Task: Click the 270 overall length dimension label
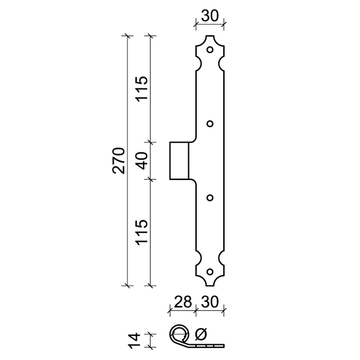tap(118, 160)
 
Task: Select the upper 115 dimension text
tap(141, 89)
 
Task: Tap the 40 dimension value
tap(141, 161)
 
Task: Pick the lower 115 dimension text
tap(141, 232)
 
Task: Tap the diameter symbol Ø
tap(201, 334)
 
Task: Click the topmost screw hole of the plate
tap(210, 50)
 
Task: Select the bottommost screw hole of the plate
tap(210, 271)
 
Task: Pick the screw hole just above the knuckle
tap(210, 124)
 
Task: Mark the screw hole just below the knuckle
tap(210, 198)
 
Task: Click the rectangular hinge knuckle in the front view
tap(179, 161)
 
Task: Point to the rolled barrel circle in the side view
tap(179, 334)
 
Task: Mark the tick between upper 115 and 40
tap(150, 143)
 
